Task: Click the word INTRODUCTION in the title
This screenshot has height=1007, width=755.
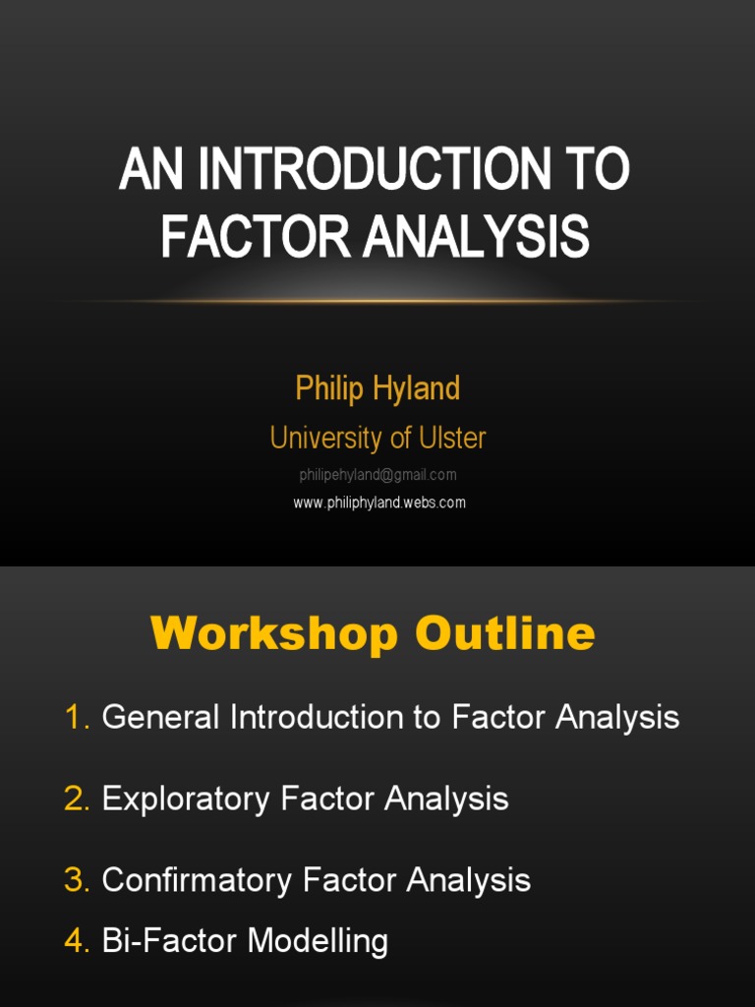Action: (374, 169)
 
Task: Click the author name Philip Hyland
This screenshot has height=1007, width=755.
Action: (377, 388)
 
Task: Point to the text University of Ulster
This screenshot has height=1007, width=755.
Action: (377, 438)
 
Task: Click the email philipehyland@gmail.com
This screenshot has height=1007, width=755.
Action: (377, 475)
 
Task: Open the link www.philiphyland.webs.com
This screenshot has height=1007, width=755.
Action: (379, 503)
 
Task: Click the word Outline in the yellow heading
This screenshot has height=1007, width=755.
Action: (505, 634)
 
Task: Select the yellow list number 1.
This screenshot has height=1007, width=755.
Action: (76, 718)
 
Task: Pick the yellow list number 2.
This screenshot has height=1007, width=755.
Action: (76, 799)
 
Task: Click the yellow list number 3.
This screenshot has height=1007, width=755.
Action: (76, 880)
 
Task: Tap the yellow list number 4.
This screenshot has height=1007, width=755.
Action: (76, 941)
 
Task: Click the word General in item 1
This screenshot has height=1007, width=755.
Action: (161, 718)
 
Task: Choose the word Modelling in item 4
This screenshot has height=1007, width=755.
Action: (318, 941)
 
